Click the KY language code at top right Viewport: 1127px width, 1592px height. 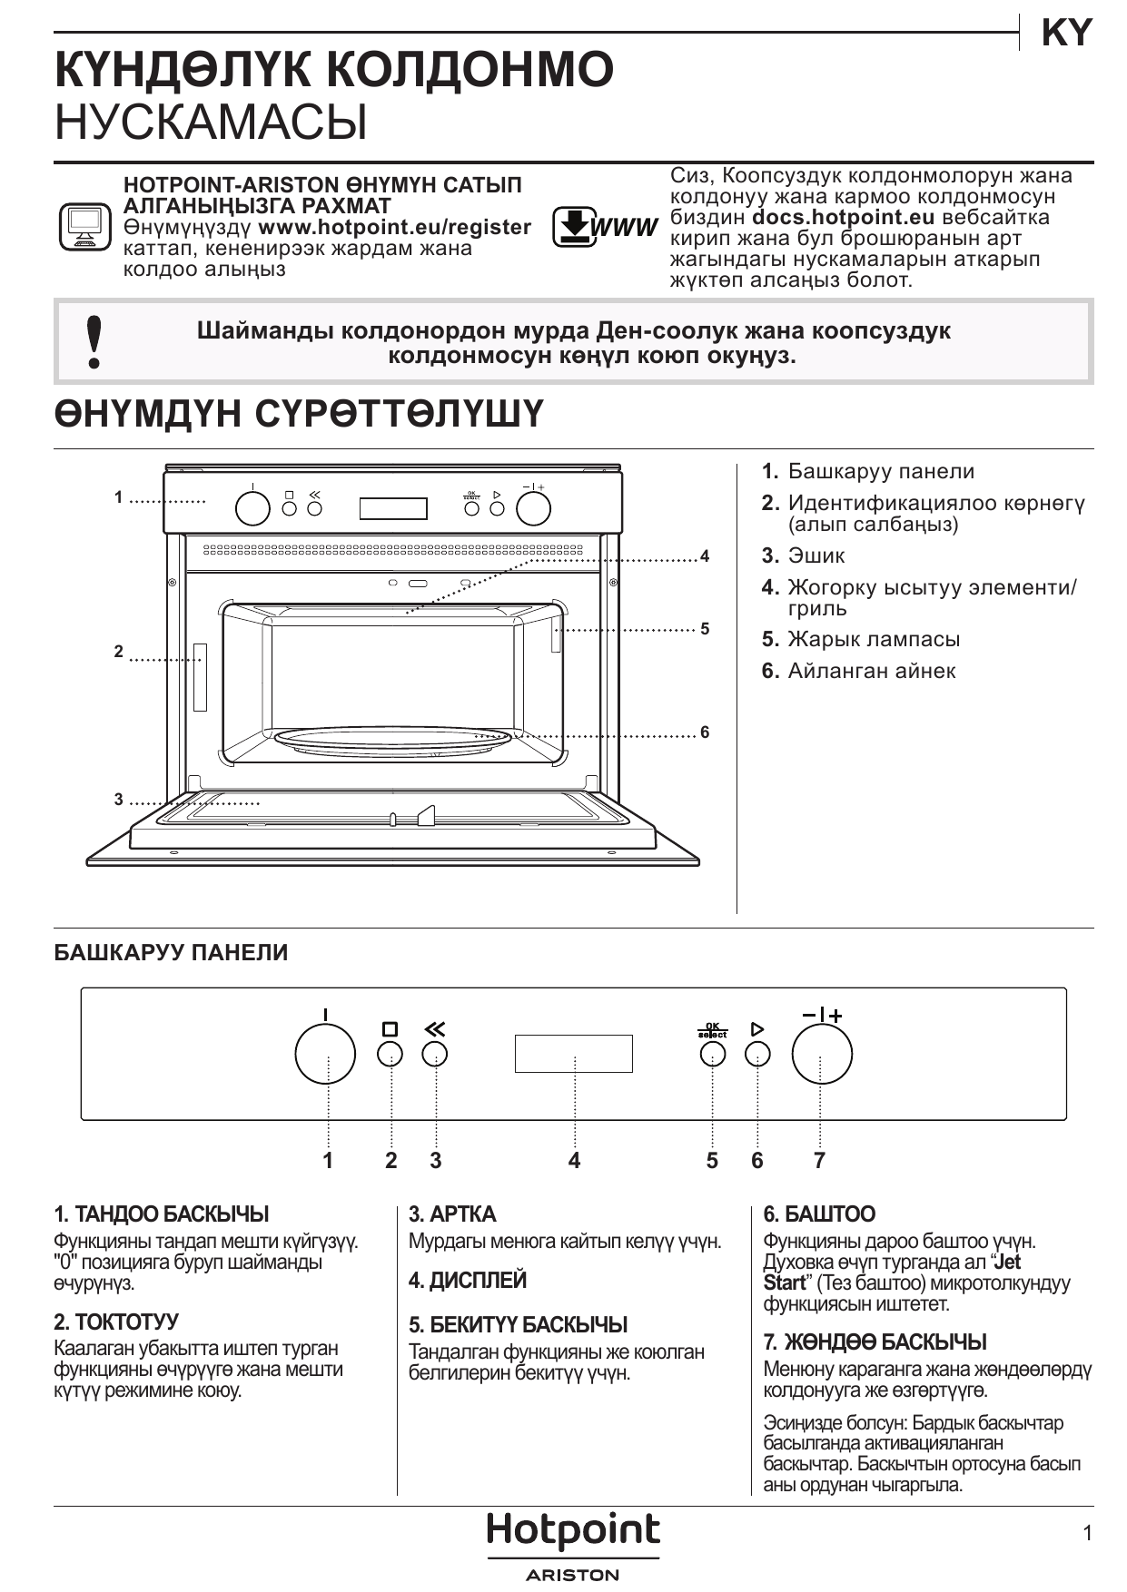[1066, 34]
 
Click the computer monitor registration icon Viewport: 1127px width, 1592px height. [85, 227]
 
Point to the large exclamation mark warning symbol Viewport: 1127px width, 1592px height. [93, 342]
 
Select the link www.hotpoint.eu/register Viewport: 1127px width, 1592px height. [395, 227]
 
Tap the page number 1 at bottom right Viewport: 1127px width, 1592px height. [1087, 1533]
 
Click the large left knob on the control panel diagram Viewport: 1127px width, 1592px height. [325, 1054]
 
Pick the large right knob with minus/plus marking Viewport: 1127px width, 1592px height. [822, 1054]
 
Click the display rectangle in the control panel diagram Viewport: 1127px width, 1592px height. [574, 1054]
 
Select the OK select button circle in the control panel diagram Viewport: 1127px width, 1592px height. [713, 1054]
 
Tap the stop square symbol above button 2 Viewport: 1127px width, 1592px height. [390, 1029]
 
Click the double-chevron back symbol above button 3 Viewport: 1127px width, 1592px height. [435, 1029]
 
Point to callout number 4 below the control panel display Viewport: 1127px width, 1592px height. [574, 1160]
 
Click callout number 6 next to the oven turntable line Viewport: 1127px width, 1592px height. [705, 732]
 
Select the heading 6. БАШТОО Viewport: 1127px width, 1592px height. [819, 1214]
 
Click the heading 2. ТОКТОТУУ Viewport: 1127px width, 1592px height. [116, 1322]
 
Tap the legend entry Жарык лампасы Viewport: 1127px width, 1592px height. [874, 639]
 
